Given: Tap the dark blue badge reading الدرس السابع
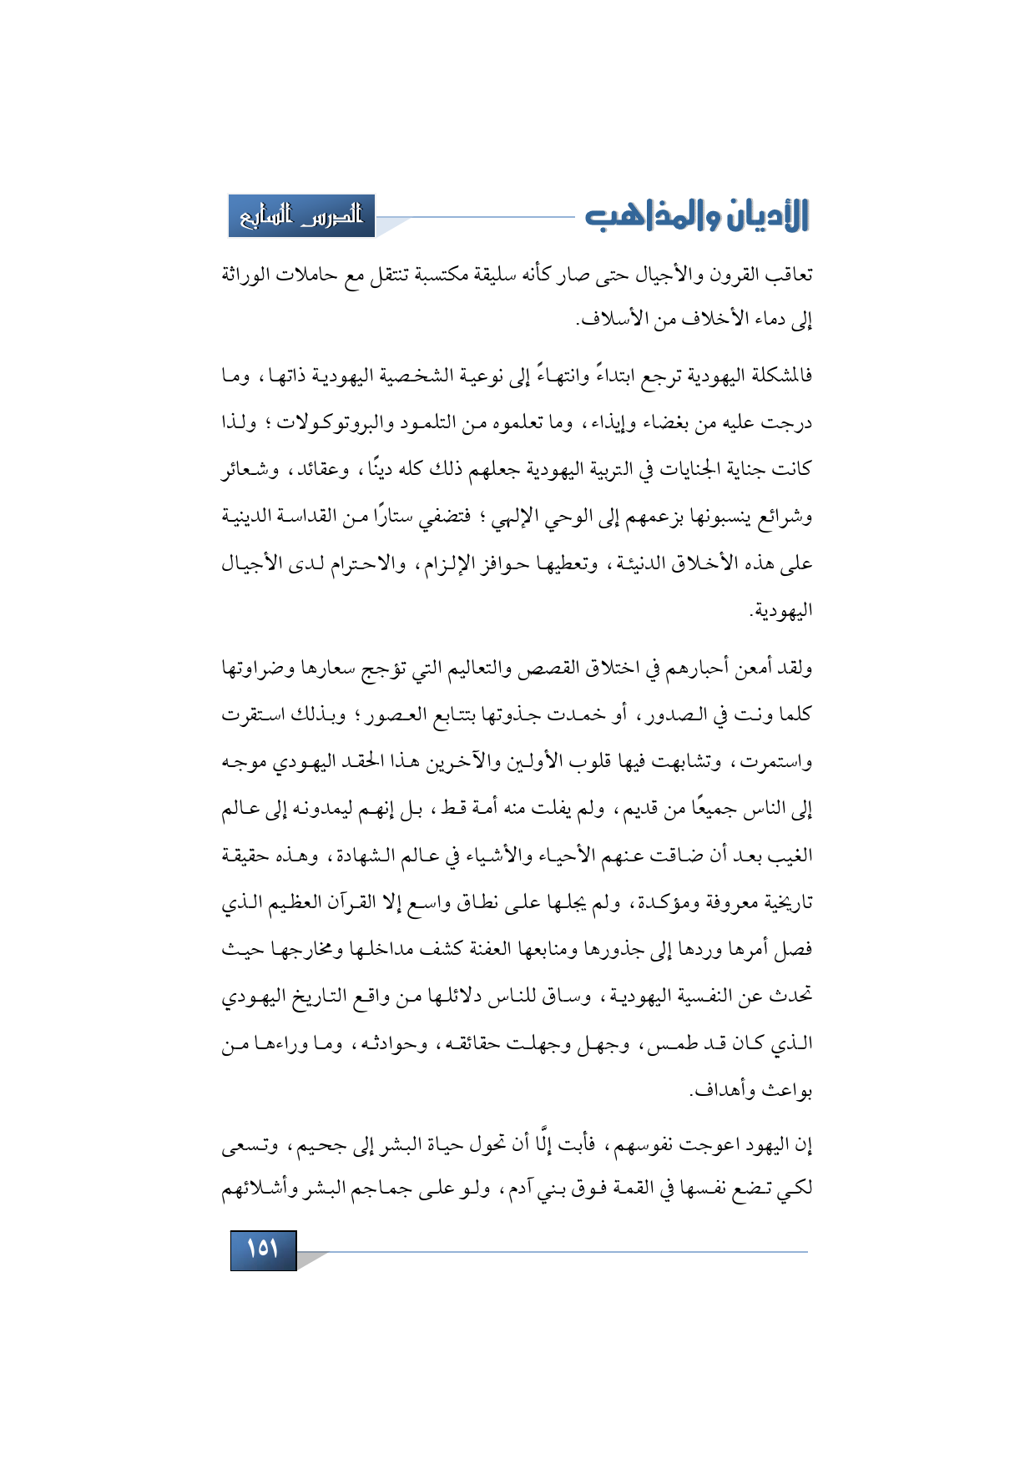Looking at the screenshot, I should pos(301,216).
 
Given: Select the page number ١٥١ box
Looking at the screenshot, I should pos(263,1249).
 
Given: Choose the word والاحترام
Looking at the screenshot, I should pos(341,564).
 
